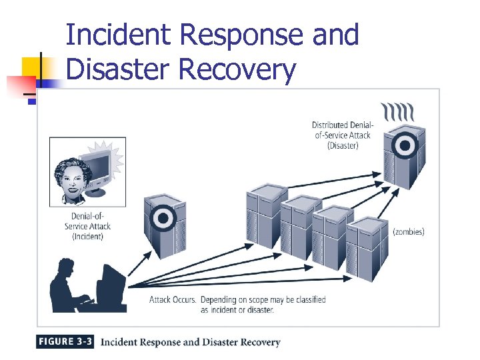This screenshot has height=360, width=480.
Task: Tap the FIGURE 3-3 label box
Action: tap(65, 342)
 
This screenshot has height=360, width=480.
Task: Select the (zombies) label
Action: tap(408, 232)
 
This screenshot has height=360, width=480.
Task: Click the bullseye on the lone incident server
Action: tap(161, 216)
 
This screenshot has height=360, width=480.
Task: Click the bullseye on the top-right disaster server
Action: tap(403, 145)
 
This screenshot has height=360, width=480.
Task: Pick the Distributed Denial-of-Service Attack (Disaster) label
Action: tap(343, 135)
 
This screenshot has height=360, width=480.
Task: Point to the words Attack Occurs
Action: tap(172, 299)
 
